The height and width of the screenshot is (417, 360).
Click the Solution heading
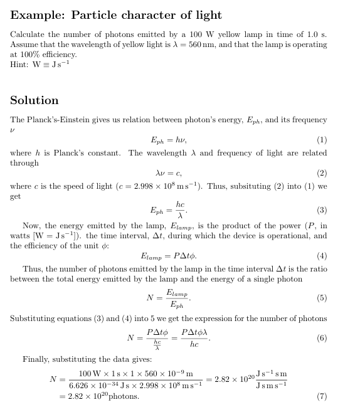coord(34,100)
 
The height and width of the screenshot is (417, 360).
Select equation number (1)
coord(322,140)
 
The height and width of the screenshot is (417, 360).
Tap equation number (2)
coord(322,173)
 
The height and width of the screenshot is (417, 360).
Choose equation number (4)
coord(322,256)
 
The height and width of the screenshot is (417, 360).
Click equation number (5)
coord(322,298)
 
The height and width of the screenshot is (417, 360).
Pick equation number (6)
coord(322,338)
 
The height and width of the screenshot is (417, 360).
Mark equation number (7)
coord(322,396)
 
